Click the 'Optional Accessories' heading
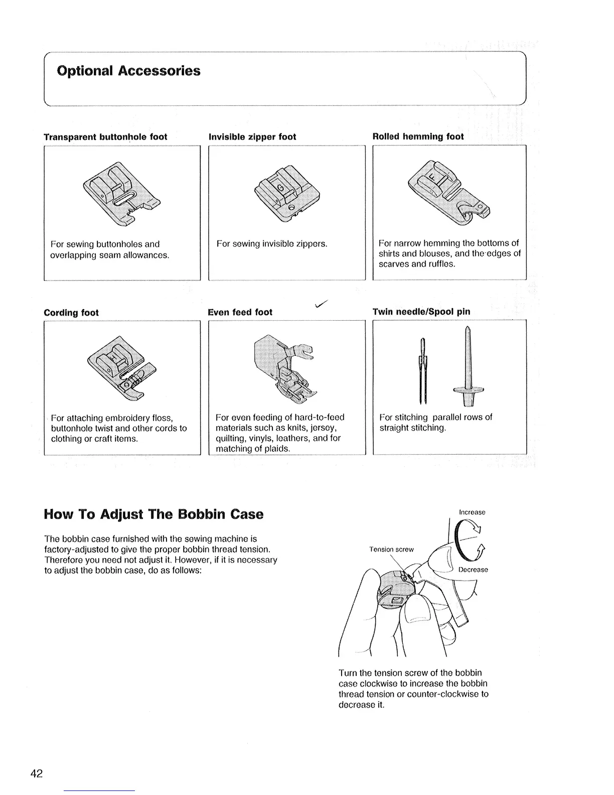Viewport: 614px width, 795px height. coord(129,71)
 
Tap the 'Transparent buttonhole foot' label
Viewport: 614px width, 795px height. coord(105,137)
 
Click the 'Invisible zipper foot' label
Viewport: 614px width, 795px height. coord(252,137)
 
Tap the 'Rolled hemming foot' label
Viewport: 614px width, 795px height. coord(418,137)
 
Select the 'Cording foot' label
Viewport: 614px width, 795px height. coord(71,313)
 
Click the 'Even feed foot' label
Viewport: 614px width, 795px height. coord(240,312)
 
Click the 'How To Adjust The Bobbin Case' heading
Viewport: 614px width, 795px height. coord(153,514)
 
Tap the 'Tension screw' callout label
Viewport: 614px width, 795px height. coord(391,549)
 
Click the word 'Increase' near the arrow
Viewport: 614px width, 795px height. coord(472,512)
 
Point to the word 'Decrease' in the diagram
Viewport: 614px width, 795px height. coord(473,570)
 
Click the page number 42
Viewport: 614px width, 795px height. coord(37,773)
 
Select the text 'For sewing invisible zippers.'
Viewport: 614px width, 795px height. coord(271,244)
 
